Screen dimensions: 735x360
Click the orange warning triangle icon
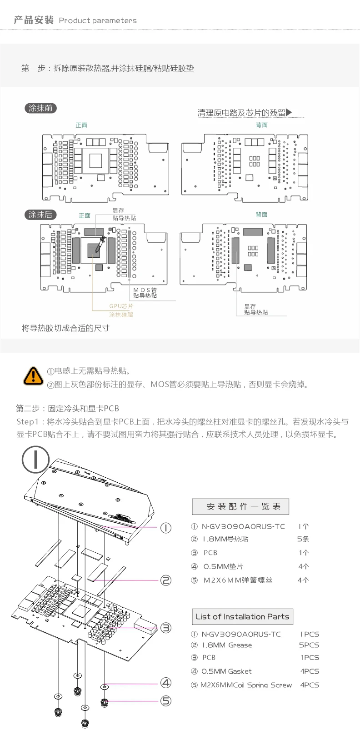tap(33, 375)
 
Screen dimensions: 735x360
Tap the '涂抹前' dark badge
tap(40, 108)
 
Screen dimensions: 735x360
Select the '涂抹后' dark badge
tap(40, 215)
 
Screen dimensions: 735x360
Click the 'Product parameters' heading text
tap(98, 20)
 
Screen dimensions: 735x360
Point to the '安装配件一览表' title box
tap(240, 506)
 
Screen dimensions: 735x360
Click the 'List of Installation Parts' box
tap(242, 617)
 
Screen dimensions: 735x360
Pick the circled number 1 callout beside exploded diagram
tap(166, 528)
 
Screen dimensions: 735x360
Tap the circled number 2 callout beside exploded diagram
tap(166, 580)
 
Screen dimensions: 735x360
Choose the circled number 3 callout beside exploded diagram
tap(166, 628)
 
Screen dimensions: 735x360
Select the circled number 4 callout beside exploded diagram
tap(166, 682)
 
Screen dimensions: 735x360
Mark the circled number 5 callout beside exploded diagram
tap(166, 701)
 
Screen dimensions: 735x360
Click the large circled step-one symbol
tap(35, 459)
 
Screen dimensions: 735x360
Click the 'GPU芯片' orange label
tap(121, 306)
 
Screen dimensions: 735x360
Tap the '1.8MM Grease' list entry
tap(227, 645)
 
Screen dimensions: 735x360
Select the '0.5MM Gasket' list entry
tap(226, 671)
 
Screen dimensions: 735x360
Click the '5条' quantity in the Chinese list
tap(303, 539)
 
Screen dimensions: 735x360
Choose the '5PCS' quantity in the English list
tap(309, 645)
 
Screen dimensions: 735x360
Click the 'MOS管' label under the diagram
tap(145, 290)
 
